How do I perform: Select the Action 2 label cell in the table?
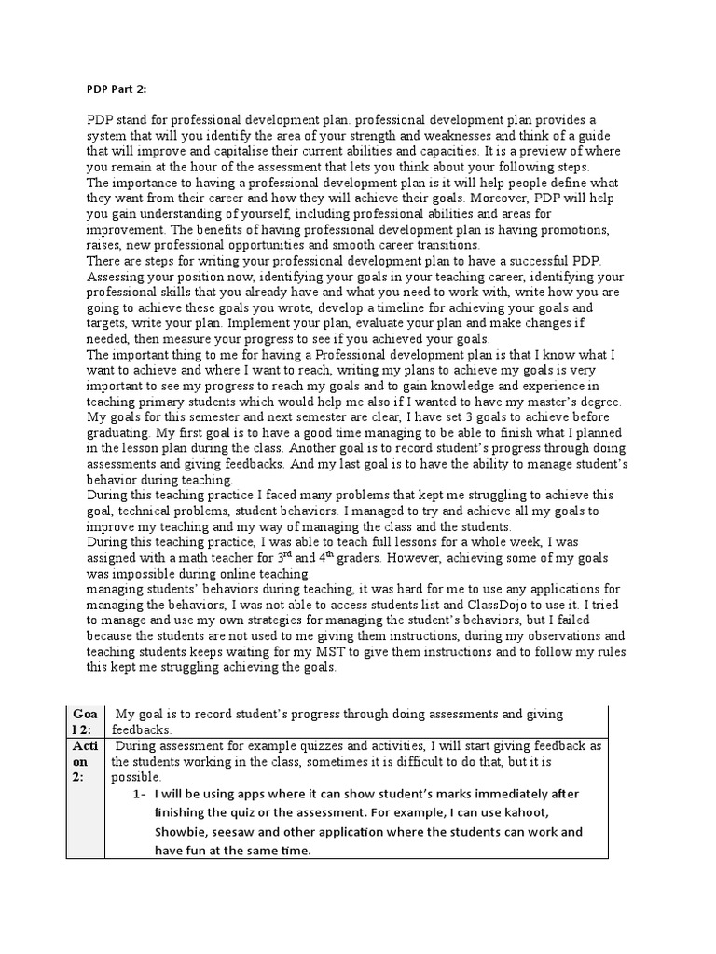(x=91, y=761)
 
